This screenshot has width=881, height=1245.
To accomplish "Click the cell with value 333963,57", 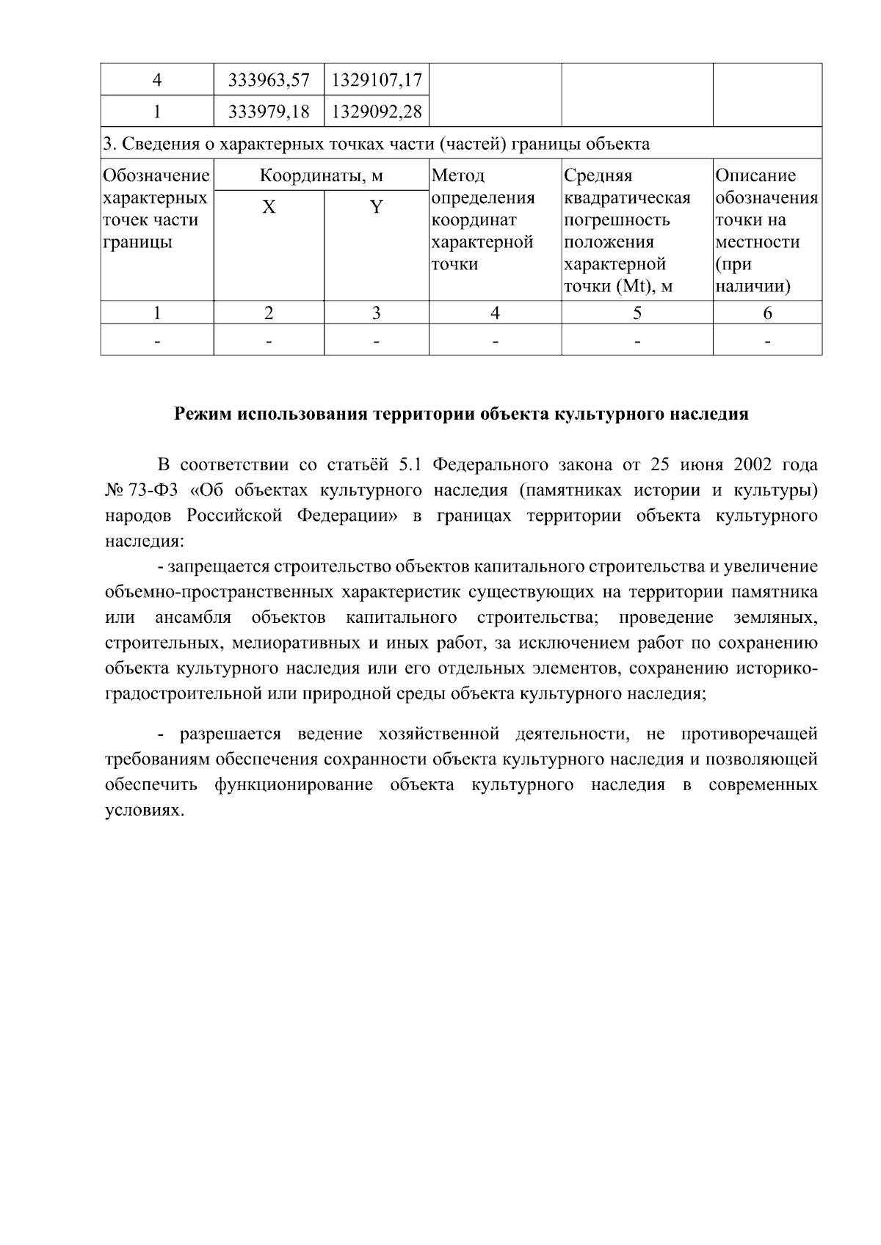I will (269, 79).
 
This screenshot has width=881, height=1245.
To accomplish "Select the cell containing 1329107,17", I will (376, 79).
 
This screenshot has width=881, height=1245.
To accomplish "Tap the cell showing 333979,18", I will (269, 112).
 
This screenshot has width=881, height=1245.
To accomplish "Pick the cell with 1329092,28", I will (376, 112).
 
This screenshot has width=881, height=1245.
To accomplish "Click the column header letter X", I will (269, 208).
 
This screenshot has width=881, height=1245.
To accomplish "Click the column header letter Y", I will (376, 208).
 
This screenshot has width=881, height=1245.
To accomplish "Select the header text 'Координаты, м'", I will (322, 176).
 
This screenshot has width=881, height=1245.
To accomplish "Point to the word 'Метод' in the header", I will (458, 176).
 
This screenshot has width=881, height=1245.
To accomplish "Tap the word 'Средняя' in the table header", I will (598, 176).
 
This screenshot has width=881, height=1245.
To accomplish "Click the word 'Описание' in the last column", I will (755, 176).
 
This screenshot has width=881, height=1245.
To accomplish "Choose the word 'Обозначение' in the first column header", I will (156, 176).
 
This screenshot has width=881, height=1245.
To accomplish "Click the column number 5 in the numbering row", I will (637, 313).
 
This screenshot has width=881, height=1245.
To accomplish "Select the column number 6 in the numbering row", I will (767, 313).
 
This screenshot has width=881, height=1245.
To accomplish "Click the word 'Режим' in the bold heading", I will (202, 414).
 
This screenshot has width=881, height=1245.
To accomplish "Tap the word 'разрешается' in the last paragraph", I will (231, 734).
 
